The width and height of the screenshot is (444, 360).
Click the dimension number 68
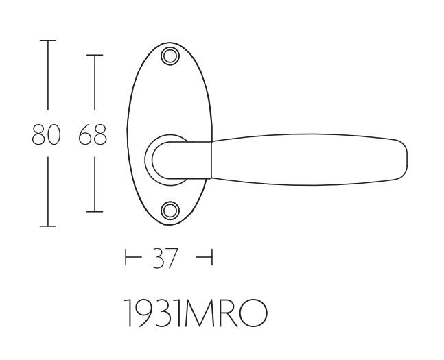(x=93, y=134)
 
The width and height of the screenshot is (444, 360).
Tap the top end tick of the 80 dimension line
(x=47, y=42)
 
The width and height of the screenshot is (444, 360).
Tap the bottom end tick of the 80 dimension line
(x=47, y=226)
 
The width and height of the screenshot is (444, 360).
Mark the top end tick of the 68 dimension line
(x=94, y=55)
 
